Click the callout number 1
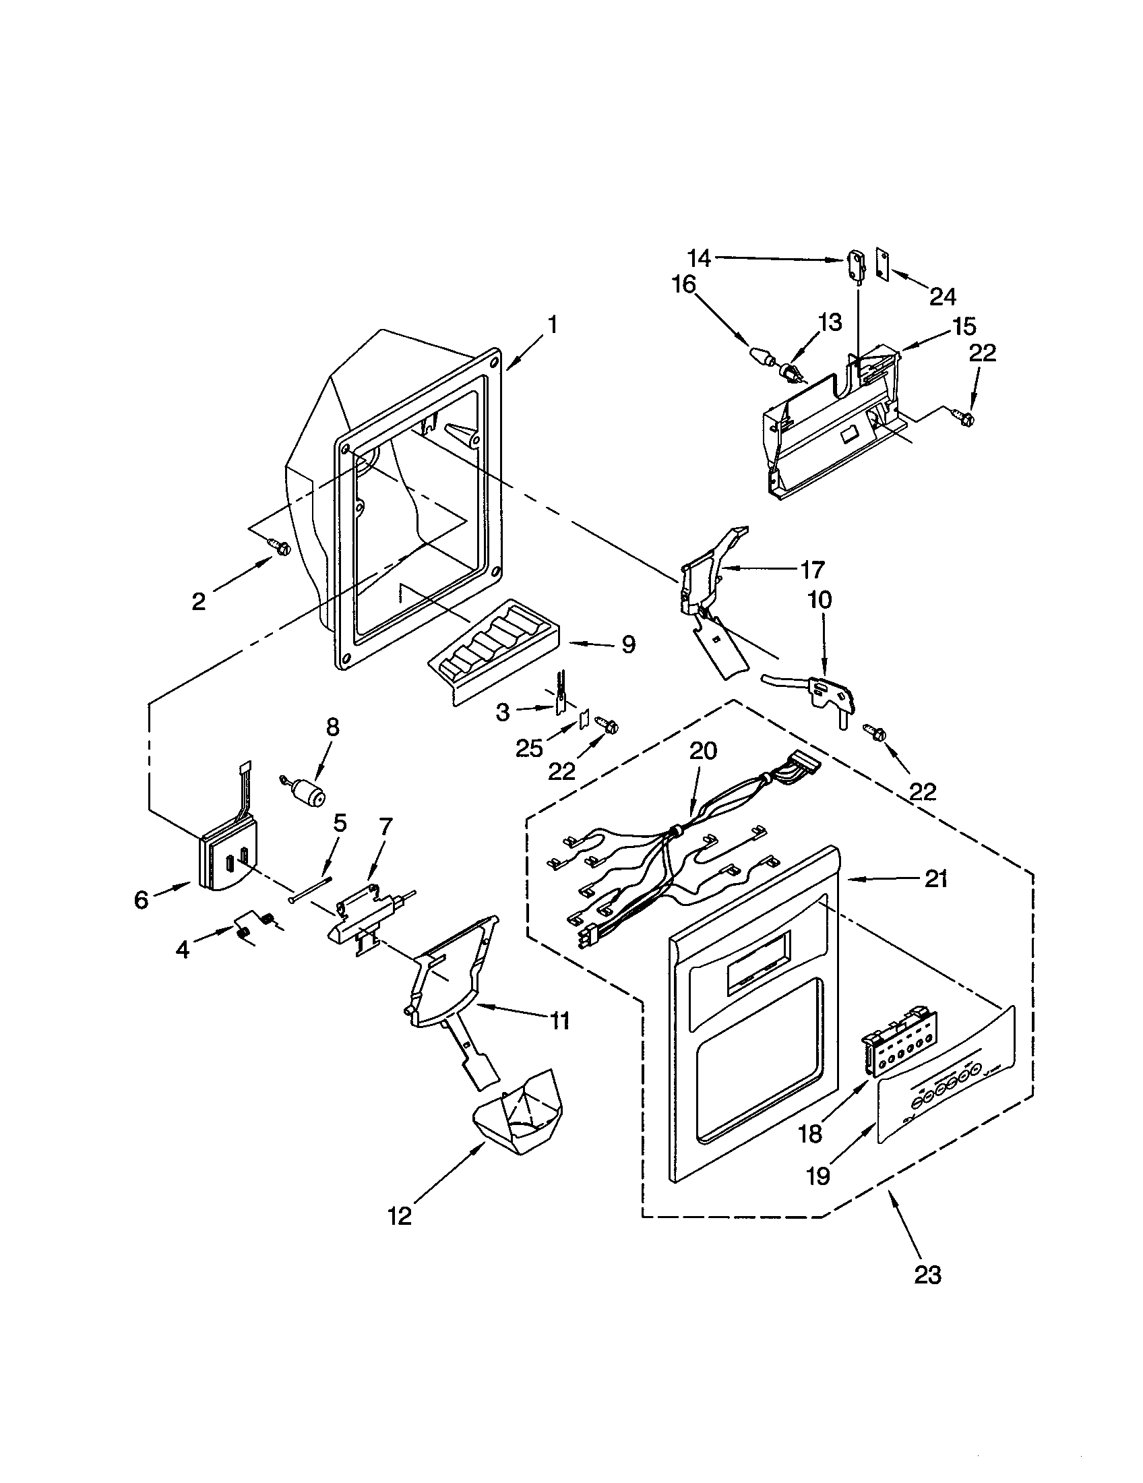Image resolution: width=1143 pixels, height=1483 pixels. point(553,326)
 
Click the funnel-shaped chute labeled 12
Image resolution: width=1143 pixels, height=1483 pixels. point(519,1110)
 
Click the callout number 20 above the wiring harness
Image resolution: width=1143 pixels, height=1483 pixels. point(702,752)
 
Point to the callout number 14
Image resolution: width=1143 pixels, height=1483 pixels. point(698,259)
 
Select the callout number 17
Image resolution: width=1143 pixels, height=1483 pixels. point(812,569)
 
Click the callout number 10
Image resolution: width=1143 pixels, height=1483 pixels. point(820,600)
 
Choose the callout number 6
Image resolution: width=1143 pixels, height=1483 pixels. point(140,901)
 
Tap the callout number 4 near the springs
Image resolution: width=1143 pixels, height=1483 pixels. point(182,950)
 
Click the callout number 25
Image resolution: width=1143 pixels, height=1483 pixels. point(530,748)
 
